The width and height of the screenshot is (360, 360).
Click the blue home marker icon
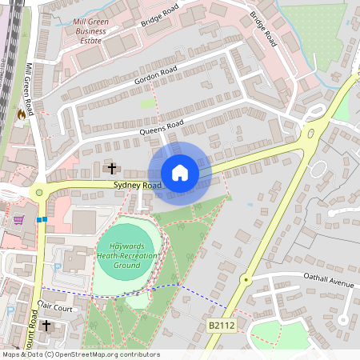180,172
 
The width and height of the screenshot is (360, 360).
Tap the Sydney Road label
138,185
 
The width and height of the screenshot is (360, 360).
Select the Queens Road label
162,126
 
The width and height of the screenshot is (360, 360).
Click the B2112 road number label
222,326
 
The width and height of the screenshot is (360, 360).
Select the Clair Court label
55,306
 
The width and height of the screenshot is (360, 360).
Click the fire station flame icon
21,114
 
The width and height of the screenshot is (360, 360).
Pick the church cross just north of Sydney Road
111,168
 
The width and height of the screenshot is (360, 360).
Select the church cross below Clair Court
46,326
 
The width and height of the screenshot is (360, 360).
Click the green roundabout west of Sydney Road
38,192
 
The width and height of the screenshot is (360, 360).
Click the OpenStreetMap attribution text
80,354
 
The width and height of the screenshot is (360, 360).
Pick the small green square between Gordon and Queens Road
147,103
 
